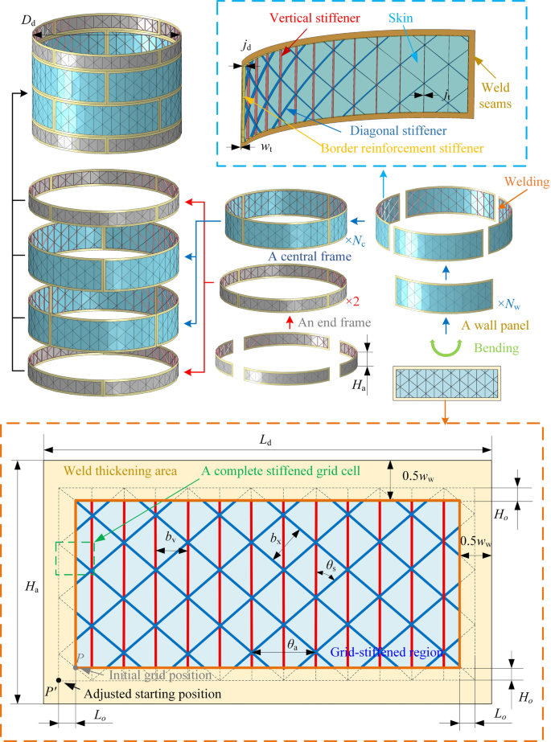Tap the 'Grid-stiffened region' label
pyautogui.click(x=387, y=652)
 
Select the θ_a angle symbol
pyautogui.click(x=296, y=644)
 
